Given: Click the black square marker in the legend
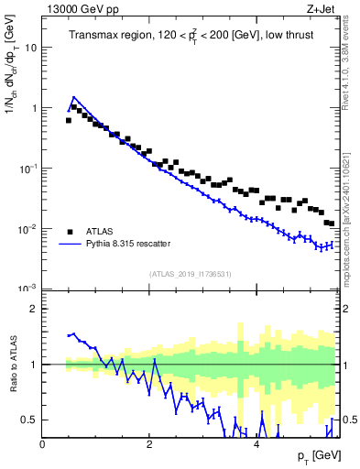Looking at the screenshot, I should coord(69,231).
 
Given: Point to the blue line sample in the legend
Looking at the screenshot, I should coord(69,244).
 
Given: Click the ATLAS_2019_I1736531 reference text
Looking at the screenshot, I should coord(190,274).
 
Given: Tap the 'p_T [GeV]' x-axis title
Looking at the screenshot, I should coord(311,455).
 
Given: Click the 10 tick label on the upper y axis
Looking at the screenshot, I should coord(29,48).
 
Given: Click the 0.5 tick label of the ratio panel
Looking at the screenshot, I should coord(27,420).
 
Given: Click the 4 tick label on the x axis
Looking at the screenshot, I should coord(256,444).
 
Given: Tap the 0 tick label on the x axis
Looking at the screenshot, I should coord(42,444).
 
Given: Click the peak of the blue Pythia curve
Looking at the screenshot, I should coord(74,97).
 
